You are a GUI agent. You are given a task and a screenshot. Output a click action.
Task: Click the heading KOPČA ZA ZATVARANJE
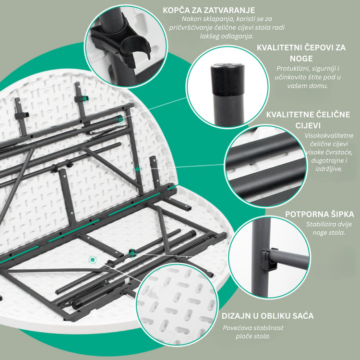(x=209, y=11)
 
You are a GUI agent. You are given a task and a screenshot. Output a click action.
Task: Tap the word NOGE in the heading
(x=301, y=59)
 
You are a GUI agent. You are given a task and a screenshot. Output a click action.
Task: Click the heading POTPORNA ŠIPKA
(x=319, y=214)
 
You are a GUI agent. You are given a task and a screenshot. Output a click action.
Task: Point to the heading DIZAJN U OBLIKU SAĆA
(x=267, y=316)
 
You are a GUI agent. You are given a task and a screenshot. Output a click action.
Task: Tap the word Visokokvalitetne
(x=329, y=135)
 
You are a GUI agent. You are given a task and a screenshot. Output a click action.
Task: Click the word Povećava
(x=235, y=328)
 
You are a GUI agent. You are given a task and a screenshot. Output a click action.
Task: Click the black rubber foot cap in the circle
(x=228, y=79)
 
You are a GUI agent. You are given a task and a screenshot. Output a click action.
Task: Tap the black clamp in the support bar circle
(x=269, y=259)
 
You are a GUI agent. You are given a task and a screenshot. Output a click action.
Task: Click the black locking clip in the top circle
(x=121, y=39)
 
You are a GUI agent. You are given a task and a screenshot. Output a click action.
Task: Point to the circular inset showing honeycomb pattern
(x=177, y=305)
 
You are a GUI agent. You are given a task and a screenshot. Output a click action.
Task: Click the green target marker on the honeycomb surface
(x=93, y=260)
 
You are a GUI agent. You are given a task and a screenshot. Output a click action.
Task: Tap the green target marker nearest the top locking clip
(x=84, y=98)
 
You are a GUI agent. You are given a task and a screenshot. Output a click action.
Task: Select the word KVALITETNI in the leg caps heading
(x=279, y=48)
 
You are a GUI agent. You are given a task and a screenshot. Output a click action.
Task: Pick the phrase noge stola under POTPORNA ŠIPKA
(x=329, y=233)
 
